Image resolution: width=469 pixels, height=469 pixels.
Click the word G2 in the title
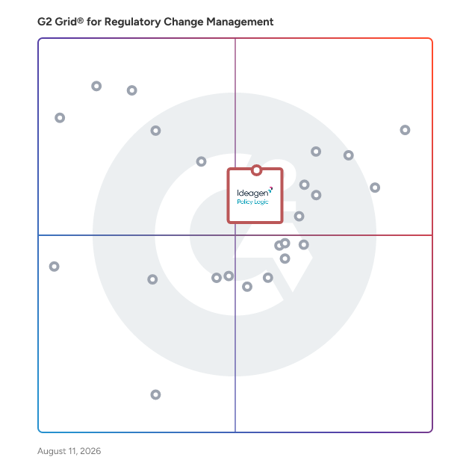click(x=45, y=22)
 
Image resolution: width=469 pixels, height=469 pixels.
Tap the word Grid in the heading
click(x=66, y=22)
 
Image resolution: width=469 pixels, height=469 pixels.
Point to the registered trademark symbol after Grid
click(x=81, y=20)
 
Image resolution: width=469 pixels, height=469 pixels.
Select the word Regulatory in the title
click(x=132, y=22)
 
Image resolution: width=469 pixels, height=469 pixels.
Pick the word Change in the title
click(x=184, y=22)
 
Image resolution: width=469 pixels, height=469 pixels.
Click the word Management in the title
click(x=240, y=22)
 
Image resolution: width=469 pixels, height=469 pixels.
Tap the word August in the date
click(x=52, y=451)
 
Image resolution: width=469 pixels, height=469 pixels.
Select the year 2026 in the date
click(x=90, y=451)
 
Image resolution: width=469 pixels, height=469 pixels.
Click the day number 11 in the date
click(x=72, y=451)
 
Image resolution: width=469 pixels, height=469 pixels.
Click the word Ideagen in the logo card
click(x=252, y=193)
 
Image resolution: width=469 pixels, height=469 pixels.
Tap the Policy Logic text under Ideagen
click(x=252, y=202)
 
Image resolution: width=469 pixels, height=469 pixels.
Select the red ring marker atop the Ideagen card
click(x=256, y=170)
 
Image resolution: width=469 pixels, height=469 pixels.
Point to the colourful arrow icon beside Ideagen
click(x=270, y=190)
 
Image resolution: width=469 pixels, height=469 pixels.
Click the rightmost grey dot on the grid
click(x=405, y=130)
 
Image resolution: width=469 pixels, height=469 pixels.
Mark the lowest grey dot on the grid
click(x=155, y=394)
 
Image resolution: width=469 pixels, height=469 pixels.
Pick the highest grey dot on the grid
click(x=96, y=86)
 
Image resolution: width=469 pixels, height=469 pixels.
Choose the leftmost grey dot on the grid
click(x=54, y=266)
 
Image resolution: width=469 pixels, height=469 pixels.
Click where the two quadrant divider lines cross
click(x=235, y=235)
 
